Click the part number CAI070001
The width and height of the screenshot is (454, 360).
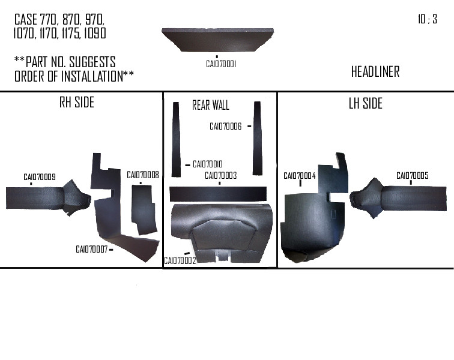click(x=220, y=64)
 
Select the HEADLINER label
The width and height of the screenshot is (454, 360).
click(x=375, y=72)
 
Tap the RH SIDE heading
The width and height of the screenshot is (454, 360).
click(x=76, y=103)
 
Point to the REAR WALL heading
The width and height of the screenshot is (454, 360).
click(x=210, y=106)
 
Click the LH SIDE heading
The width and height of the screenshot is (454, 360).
click(x=365, y=103)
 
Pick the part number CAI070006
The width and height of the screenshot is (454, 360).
click(x=225, y=127)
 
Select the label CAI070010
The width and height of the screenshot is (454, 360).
click(x=208, y=164)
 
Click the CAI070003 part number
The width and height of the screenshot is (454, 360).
click(x=220, y=176)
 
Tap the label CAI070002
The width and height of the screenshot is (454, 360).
click(x=180, y=260)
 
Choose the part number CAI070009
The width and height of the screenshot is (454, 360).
click(x=40, y=177)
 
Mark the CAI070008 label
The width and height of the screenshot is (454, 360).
click(x=142, y=175)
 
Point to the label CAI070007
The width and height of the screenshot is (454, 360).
click(x=91, y=249)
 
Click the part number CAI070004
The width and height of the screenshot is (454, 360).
click(x=299, y=176)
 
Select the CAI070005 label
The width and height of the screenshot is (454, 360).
click(x=412, y=175)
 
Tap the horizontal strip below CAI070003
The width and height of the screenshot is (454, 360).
click(x=218, y=193)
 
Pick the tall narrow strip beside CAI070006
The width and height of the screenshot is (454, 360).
click(x=258, y=138)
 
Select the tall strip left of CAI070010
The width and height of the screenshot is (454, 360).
click(x=176, y=139)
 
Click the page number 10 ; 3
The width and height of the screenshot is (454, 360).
click(x=427, y=19)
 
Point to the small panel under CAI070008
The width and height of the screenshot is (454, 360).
click(x=144, y=209)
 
